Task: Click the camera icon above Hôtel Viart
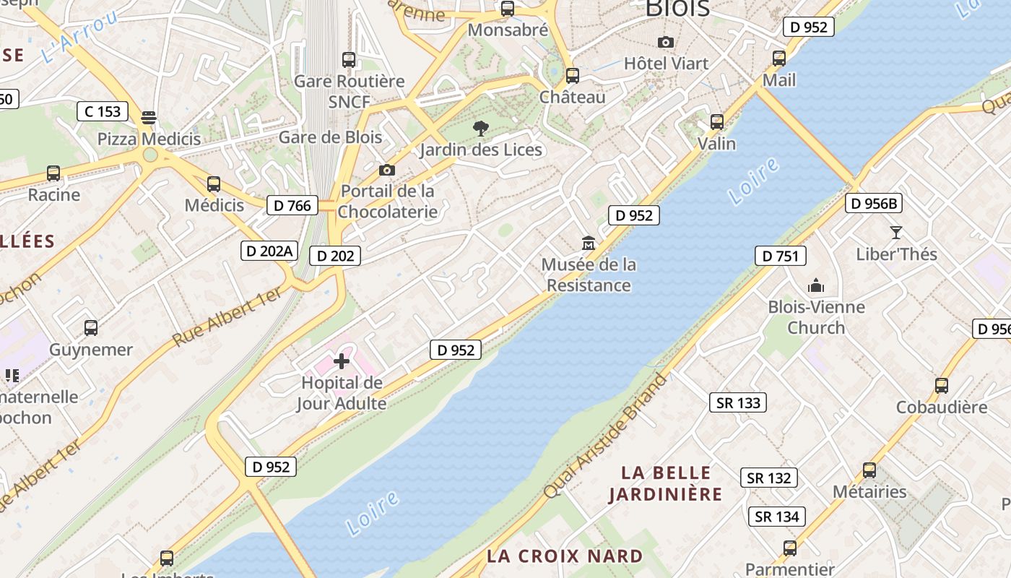pos(666,43)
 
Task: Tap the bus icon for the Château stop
pos(572,75)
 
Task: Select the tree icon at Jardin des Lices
pos(480,129)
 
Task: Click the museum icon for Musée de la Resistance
pos(589,243)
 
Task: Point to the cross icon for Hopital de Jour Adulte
pos(342,361)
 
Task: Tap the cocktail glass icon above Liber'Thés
pos(896,233)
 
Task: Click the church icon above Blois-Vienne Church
pos(816,286)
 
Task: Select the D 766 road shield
pos(293,205)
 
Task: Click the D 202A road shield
pos(269,251)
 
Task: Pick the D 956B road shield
pos(874,203)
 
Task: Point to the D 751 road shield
pos(780,256)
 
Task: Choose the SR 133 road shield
pos(738,402)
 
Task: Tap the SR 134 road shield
pos(777,517)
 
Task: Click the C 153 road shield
pos(103,111)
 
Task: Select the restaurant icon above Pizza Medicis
pos(149,117)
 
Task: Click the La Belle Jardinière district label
pos(665,483)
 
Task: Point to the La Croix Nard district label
pos(565,556)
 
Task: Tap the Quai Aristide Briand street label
pos(605,436)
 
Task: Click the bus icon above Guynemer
pos(91,328)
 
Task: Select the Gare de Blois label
pos(330,137)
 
